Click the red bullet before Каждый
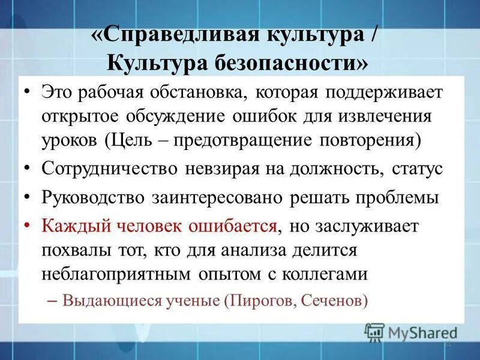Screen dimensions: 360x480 pyautogui.click(x=27, y=227)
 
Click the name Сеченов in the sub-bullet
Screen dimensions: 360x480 pyautogui.click(x=335, y=299)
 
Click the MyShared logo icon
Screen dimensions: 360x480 pyautogui.click(x=375, y=332)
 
